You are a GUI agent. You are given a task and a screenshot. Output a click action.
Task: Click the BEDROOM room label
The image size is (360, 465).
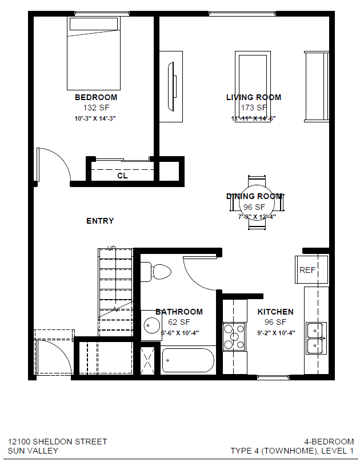point(96,97)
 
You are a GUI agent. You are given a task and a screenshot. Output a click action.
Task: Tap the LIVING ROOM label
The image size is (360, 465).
point(254,97)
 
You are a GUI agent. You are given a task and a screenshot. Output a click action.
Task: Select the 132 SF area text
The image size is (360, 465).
point(96,108)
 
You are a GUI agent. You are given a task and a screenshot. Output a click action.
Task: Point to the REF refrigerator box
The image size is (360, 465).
point(310,269)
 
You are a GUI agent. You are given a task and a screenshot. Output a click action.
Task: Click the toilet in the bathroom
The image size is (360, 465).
point(157,271)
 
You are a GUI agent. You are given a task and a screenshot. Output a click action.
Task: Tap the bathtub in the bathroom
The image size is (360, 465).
point(188,361)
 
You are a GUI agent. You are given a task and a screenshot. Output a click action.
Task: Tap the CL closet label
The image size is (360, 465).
point(122,176)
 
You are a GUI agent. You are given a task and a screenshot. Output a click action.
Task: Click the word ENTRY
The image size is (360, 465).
point(100,221)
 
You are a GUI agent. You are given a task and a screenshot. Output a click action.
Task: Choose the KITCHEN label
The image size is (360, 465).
point(275,312)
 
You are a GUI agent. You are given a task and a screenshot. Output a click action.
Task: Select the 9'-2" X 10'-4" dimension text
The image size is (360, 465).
point(275,332)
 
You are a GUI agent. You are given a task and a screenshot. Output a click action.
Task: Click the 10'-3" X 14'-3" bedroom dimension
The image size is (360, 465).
point(95,118)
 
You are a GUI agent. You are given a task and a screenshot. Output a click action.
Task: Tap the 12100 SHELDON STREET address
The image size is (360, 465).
point(57,442)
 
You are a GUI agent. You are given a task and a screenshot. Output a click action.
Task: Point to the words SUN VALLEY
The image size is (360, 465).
point(33,451)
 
